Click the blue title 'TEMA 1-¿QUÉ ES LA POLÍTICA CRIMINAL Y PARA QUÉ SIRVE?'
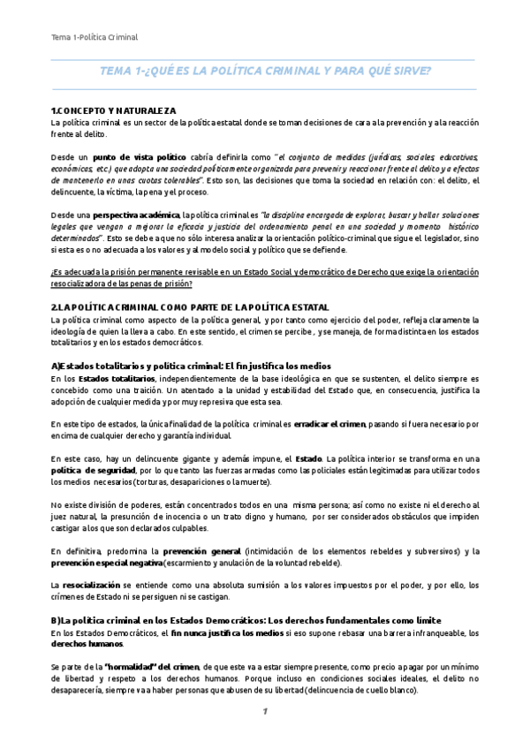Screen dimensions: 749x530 [264, 72]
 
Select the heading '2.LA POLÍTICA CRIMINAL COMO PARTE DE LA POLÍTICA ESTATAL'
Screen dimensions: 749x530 [190, 306]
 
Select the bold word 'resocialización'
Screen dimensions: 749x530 [91, 585]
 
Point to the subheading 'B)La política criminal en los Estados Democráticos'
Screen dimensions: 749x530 [246, 620]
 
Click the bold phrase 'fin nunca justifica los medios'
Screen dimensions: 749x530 [227, 632]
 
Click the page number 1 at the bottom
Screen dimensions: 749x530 [263, 713]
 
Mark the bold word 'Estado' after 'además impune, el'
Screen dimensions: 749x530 [308, 458]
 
